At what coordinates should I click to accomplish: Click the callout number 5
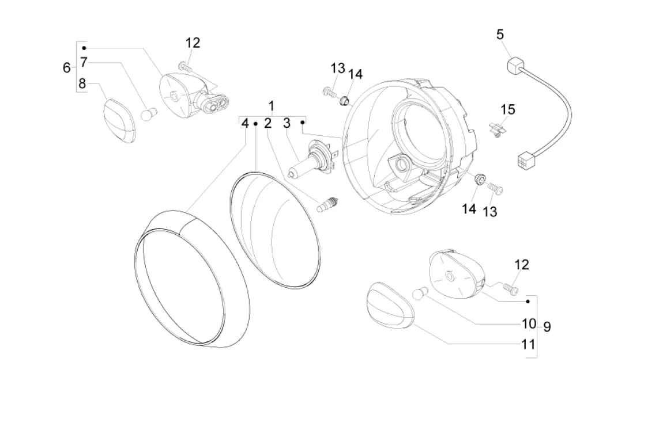[500, 35]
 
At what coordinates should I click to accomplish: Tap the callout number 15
[508, 109]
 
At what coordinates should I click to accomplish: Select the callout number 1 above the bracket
[271, 106]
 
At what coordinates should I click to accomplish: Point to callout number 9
[547, 327]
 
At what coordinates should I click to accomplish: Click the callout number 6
[66, 67]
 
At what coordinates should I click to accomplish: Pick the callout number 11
[529, 344]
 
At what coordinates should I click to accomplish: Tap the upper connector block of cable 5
[515, 65]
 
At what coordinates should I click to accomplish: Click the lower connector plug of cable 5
[527, 159]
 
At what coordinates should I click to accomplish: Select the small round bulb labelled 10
[419, 294]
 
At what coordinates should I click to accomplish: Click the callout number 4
[245, 123]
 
